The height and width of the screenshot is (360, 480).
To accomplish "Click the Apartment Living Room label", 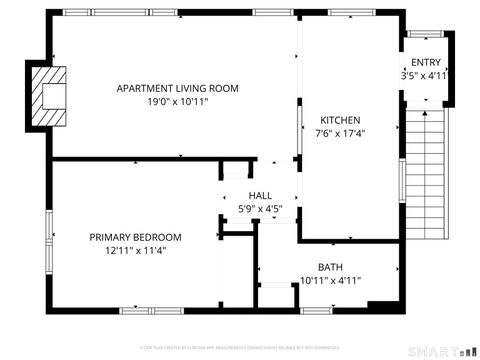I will (x=178, y=88).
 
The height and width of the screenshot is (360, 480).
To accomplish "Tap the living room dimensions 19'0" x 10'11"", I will (x=178, y=101).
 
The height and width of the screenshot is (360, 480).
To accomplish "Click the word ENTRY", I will (x=425, y=62).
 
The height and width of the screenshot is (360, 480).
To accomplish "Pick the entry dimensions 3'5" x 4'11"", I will (x=425, y=75).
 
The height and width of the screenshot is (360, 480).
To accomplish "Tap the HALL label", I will (x=260, y=195).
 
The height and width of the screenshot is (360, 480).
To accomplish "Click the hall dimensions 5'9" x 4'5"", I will (x=260, y=209).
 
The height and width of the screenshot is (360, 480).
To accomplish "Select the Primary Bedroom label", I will (x=136, y=237).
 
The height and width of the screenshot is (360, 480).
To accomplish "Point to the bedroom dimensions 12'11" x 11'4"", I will (x=136, y=251).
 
